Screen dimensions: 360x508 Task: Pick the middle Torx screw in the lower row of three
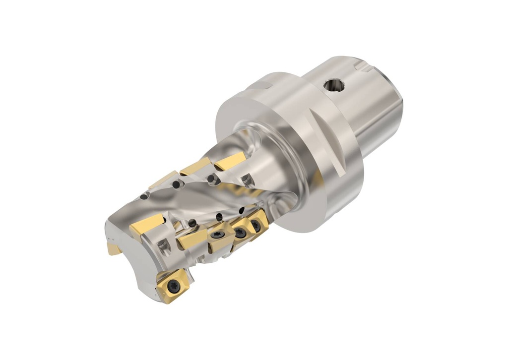[240, 233]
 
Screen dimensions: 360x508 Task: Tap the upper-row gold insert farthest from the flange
[163, 180]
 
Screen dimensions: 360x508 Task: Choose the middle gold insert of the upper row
[196, 167]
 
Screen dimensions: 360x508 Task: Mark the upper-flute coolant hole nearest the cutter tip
[144, 196]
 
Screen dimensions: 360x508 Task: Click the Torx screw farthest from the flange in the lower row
[217, 239]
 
